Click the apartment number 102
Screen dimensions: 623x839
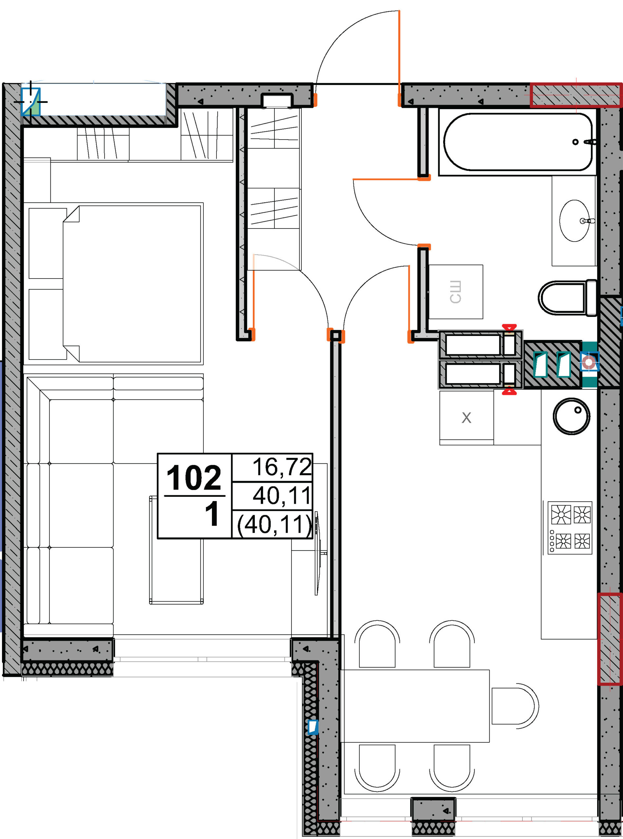[194, 478]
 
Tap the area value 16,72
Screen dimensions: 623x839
[282, 467]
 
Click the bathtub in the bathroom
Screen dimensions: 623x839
[518, 142]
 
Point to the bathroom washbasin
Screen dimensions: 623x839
[574, 221]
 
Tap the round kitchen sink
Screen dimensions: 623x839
[571, 417]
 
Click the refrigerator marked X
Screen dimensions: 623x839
[466, 418]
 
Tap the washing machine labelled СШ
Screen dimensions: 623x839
[456, 292]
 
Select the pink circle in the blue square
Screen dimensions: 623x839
[589, 363]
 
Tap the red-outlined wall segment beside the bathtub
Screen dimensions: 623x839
[576, 95]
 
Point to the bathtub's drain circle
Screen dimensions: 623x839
[576, 142]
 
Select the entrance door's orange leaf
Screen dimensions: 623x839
[399, 58]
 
